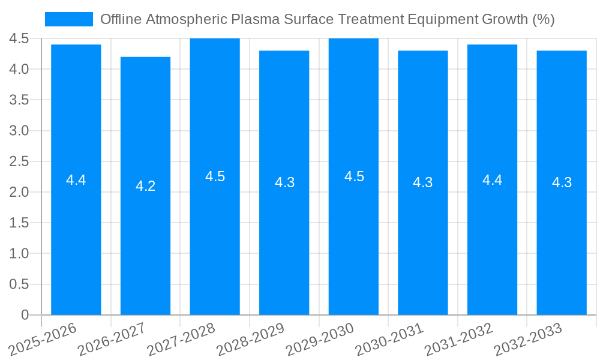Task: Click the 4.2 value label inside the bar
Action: pos(145,186)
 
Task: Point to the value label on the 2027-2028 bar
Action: pos(215,176)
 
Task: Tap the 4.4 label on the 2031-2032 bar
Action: pos(492,179)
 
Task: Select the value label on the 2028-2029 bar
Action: pos(284,182)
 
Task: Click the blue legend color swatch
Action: pos(69,19)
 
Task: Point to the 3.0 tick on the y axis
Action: pos(19,131)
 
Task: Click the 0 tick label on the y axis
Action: pos(25,315)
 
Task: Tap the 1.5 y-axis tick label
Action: pos(19,223)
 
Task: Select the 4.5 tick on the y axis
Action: pos(19,39)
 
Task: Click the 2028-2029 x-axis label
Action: pos(251,340)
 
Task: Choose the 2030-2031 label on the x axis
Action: pos(389,340)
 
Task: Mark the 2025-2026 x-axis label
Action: pos(43,340)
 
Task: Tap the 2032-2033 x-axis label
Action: pos(528,340)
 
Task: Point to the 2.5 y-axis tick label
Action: pos(19,161)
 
